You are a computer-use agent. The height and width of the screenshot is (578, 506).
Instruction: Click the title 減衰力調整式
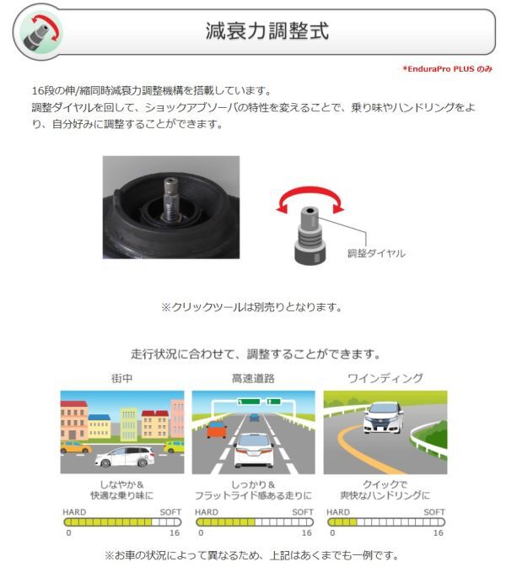coord(267,30)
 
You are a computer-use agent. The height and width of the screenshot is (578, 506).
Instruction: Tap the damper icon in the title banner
coord(40,32)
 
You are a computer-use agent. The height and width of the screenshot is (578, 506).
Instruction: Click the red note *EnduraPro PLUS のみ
coord(448,69)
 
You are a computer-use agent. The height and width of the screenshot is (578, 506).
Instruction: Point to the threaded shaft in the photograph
coord(170,199)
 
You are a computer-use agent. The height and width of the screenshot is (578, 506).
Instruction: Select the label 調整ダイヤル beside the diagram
coord(376,253)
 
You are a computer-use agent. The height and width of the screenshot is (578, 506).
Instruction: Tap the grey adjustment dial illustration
coord(310,236)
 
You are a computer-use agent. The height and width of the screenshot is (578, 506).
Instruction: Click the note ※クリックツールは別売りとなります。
coord(252,307)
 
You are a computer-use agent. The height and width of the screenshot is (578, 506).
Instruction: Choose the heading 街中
coord(122,379)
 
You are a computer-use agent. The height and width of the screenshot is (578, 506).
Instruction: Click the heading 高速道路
coord(253,379)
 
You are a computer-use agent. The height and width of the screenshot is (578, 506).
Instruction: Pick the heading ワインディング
coord(385,379)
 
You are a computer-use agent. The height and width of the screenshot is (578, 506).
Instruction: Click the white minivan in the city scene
coord(125,456)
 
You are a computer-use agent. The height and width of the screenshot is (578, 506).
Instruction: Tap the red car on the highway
coord(217,429)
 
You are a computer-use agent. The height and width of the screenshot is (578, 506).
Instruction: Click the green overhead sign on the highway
coord(250,402)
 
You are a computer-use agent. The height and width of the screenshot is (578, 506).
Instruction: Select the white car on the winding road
coord(384,418)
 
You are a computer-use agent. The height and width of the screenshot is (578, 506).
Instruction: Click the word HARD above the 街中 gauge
coord(74,512)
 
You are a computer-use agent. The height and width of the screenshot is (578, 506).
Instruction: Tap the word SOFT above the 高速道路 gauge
coord(303,512)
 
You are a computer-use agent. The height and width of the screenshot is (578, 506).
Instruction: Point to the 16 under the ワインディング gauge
coord(439,532)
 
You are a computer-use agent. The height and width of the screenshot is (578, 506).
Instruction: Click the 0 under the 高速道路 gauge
coord(201,532)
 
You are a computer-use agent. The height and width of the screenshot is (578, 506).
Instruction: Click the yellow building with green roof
coord(129,424)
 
